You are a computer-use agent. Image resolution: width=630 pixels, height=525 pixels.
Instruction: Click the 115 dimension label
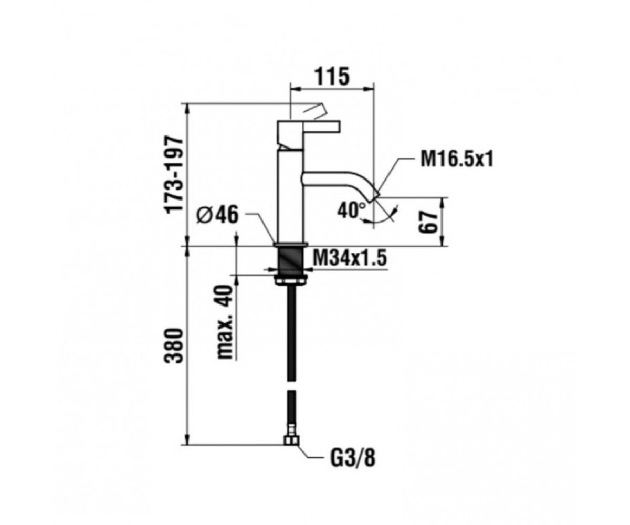(332, 77)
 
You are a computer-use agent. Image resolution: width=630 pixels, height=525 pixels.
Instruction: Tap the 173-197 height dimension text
(174, 175)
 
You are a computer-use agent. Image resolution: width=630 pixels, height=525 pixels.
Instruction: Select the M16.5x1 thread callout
(457, 159)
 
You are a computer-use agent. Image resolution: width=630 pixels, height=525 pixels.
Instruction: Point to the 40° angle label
(352, 211)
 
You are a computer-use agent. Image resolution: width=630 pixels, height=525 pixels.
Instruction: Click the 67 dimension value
(428, 222)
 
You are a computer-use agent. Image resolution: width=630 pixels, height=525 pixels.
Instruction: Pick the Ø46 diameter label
(217, 215)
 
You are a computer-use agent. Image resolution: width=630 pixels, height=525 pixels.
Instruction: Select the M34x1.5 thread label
(350, 258)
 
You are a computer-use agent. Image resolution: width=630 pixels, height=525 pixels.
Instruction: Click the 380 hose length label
(174, 346)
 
